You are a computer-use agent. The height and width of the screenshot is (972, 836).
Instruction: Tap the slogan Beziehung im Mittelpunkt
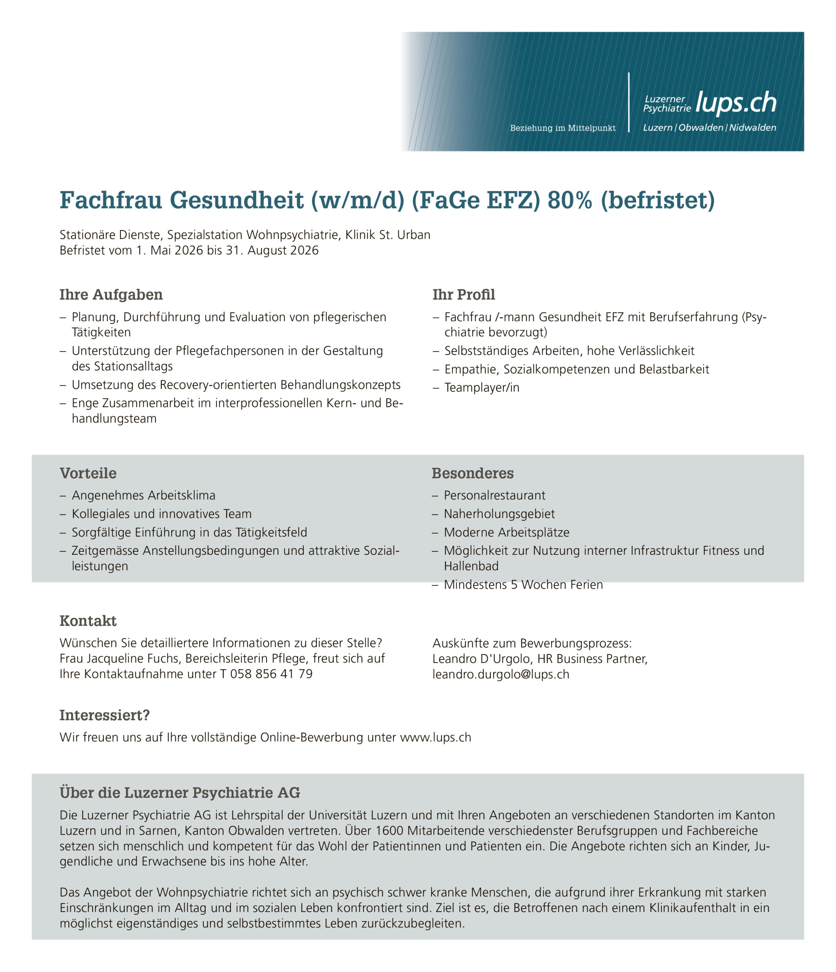click(x=563, y=128)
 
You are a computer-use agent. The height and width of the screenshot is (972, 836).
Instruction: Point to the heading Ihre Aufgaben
click(x=111, y=295)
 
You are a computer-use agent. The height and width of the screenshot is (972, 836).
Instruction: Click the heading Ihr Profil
click(x=463, y=295)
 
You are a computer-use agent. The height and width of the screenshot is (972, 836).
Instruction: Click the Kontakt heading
click(x=88, y=621)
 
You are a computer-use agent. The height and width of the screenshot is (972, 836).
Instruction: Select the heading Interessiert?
click(x=104, y=715)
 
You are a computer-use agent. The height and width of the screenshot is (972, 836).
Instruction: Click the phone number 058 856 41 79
click(x=271, y=674)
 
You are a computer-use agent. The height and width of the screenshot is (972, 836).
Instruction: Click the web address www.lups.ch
click(x=435, y=737)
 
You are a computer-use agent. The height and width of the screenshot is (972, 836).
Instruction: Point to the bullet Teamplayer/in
click(x=482, y=388)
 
